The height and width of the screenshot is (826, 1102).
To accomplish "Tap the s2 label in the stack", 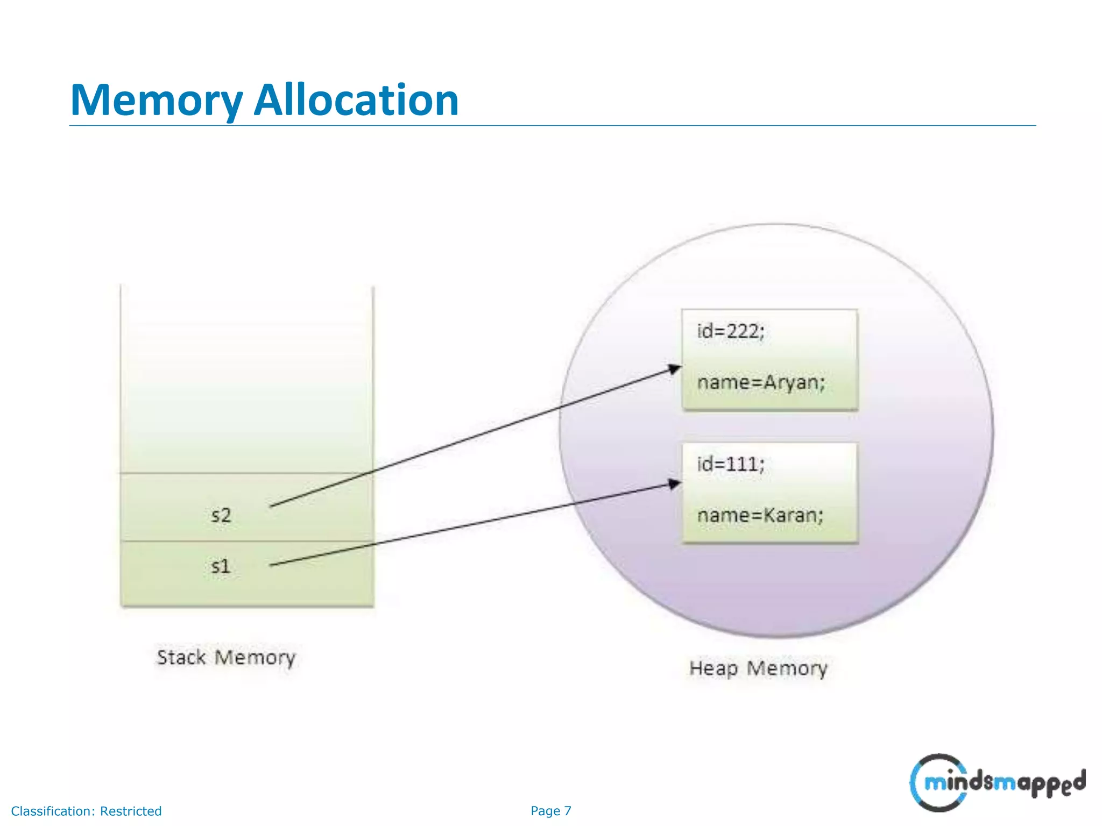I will coord(221,515).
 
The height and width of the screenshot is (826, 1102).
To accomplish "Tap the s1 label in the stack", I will coord(221,566).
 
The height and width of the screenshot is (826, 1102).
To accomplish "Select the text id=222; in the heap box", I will coord(730,331).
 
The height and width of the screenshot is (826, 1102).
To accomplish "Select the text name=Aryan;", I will coord(761,382).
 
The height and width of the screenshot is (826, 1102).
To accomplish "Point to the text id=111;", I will coord(730,464).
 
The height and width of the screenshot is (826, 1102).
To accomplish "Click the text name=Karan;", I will coord(760,515).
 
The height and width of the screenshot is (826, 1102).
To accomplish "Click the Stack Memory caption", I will coord(226,657).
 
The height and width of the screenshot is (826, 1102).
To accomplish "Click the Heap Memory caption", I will coord(758,668).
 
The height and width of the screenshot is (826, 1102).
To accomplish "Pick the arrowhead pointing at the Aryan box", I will coord(675,369).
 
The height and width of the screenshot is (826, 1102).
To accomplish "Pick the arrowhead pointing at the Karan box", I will coord(675,483).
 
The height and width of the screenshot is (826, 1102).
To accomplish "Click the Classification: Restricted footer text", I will coord(86,811).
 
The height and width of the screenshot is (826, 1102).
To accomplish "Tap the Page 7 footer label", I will coord(550,811).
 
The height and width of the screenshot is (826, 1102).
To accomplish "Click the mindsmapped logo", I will coord(997,782).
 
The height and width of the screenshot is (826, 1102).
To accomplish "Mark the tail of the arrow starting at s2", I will coord(272,506).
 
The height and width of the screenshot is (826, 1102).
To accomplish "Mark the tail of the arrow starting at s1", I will coord(272,565).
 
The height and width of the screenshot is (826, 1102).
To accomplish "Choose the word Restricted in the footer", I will coord(131,811).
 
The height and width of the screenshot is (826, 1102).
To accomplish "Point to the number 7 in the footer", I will coord(568,811).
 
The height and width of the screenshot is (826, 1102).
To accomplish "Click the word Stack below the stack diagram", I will coord(181,657).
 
